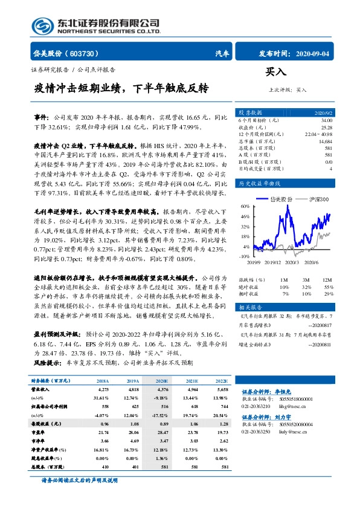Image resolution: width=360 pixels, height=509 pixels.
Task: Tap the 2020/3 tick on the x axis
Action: coord(290,262)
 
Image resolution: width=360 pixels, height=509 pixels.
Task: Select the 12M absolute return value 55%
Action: coord(328,287)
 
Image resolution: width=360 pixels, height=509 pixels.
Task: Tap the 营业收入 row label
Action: coord(40,389)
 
